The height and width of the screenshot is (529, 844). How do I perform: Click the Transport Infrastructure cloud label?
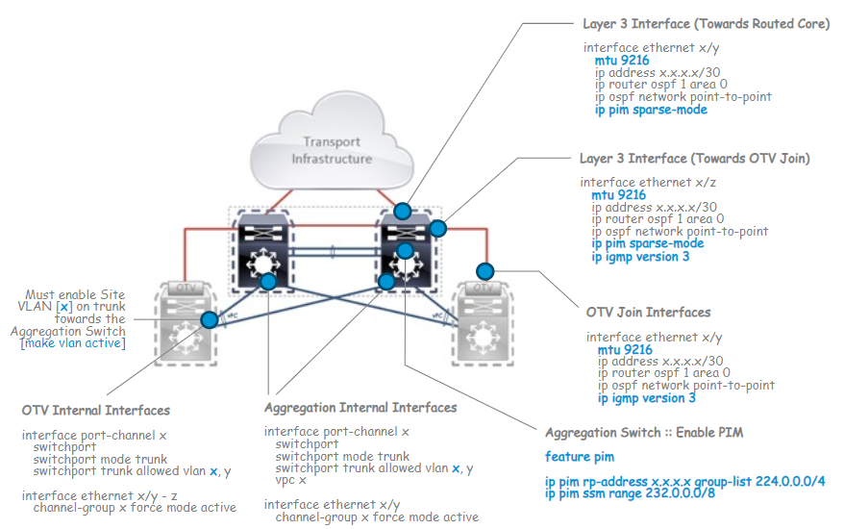coord(332,150)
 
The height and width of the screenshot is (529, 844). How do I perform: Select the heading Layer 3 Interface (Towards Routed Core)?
coord(706,24)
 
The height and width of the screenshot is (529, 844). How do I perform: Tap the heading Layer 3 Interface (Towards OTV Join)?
coord(694,158)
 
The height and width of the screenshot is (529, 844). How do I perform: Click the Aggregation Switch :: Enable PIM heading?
coord(643,433)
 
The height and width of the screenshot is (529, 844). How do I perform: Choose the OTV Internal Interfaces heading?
coord(96,411)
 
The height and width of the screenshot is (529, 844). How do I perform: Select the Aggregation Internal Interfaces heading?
coord(360,408)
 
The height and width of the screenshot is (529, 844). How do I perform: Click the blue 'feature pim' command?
coord(580,457)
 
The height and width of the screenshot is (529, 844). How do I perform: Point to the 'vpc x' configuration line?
coord(290,480)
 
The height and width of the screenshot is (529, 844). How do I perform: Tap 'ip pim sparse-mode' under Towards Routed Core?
coord(651,110)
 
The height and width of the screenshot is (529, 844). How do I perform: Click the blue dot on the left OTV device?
coord(208,319)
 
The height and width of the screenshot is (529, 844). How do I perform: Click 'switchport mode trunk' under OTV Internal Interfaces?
coord(100,460)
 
